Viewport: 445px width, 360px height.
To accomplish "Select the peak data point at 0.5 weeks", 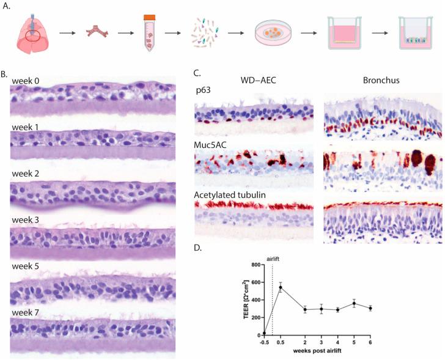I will point(280,287).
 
